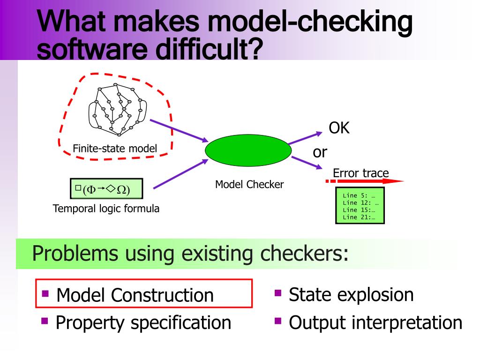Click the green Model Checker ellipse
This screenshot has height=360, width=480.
click(248, 151)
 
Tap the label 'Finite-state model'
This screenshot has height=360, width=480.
click(115, 149)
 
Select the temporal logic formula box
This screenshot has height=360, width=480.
click(106, 189)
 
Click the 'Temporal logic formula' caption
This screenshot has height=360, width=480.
click(106, 209)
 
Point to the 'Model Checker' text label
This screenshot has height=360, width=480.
click(249, 184)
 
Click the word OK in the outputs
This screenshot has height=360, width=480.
click(339, 128)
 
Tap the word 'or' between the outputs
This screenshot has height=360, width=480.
click(320, 152)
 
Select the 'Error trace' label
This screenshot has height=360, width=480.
click(360, 173)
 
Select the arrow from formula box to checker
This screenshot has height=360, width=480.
click(180, 173)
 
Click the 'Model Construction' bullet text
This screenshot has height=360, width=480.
click(135, 295)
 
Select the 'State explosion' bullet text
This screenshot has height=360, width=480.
click(351, 294)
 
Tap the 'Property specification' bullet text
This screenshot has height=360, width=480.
click(143, 322)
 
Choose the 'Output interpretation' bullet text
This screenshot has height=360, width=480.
click(375, 322)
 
